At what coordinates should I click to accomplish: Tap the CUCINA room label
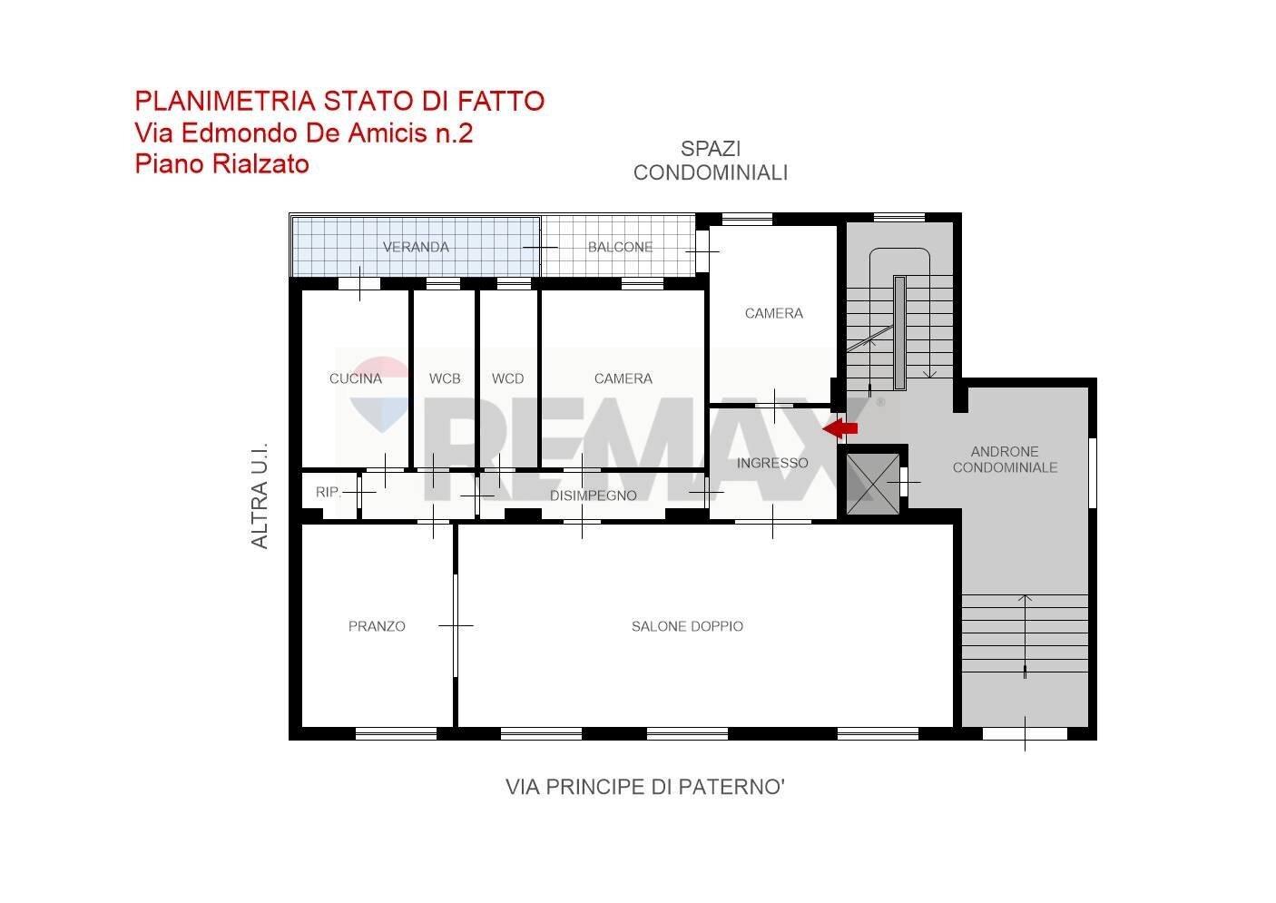coord(355,378)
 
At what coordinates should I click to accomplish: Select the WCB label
coord(445,378)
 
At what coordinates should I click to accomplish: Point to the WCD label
coord(507,378)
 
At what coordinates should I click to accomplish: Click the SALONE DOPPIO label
coord(687,626)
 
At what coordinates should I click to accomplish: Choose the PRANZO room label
coord(377,626)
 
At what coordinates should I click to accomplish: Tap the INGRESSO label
coord(772,463)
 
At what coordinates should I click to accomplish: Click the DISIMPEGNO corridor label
coord(593,496)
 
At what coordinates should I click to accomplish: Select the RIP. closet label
coord(328,492)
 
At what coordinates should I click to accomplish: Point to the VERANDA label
coord(416,247)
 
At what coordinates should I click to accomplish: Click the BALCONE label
coord(620,247)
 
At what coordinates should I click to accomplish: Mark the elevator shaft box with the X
coord(872,483)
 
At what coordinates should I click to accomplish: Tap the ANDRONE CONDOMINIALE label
coord(1005,459)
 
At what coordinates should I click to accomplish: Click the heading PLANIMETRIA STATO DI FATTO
coord(339,101)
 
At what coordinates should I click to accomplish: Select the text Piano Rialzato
coord(221,164)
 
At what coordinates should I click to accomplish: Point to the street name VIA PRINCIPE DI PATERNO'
coord(644,787)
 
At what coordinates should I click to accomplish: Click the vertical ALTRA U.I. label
coord(260,496)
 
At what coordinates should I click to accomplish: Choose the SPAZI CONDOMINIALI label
coord(710,161)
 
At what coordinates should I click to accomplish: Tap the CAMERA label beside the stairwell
coord(773,313)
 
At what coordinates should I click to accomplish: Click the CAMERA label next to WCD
coord(623,378)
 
